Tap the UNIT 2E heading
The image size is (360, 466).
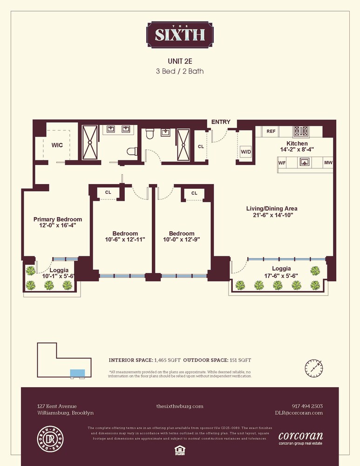pyautogui.click(x=180, y=61)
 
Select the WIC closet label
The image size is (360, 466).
pyautogui.click(x=57, y=145)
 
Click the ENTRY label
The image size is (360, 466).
pyautogui.click(x=220, y=122)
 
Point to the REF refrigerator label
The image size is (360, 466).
pyautogui.click(x=271, y=131)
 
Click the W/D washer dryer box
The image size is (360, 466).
pyautogui.click(x=245, y=152)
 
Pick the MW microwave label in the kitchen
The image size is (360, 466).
pyautogui.click(x=328, y=163)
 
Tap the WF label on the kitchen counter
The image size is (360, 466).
pyautogui.click(x=282, y=163)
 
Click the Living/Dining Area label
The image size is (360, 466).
pyautogui.click(x=272, y=208)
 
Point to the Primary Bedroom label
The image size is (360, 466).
pyautogui.click(x=57, y=219)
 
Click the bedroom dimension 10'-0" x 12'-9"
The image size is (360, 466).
pyautogui.click(x=182, y=240)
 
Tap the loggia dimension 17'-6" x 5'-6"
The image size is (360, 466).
pyautogui.click(x=282, y=275)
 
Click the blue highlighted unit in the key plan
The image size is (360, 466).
pyautogui.click(x=77, y=372)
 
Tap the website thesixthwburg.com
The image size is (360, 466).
pyautogui.click(x=180, y=406)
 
